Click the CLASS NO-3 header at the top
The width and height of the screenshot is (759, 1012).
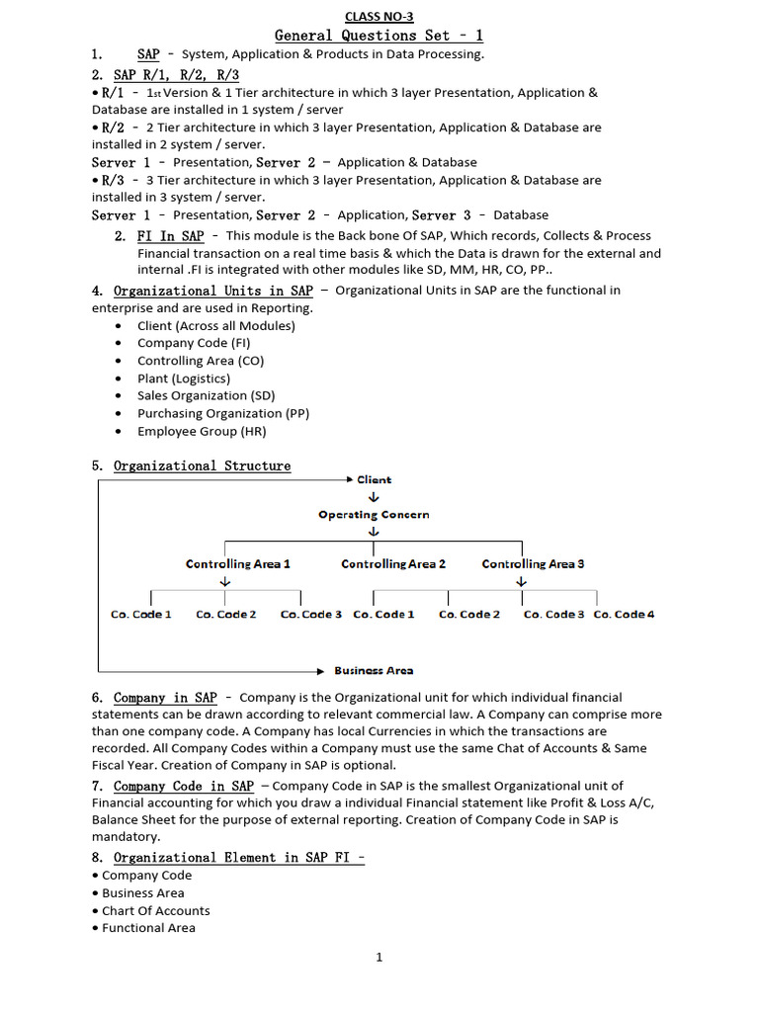tap(379, 17)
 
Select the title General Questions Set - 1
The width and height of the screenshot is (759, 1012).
tap(379, 36)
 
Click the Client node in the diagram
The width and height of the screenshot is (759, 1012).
tap(374, 479)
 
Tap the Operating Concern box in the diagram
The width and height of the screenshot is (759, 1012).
tap(374, 515)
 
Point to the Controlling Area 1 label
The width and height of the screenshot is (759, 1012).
tap(238, 564)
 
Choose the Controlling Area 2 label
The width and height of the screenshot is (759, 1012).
tap(393, 564)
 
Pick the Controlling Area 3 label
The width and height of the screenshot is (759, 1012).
tap(533, 564)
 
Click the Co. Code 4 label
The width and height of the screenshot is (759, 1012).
tap(624, 615)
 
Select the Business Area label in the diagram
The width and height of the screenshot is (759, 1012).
tap(374, 670)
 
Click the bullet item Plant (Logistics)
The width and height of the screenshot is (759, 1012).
tap(184, 379)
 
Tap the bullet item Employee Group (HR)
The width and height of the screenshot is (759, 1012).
tap(202, 432)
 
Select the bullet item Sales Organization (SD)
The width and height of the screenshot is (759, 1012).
tap(206, 396)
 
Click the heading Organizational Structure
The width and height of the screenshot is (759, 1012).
tap(202, 466)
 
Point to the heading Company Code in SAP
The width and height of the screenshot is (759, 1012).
tap(184, 787)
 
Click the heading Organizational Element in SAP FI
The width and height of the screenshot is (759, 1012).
tap(238, 858)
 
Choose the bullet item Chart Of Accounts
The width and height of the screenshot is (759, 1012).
tap(156, 911)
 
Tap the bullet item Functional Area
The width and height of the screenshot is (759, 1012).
tap(148, 928)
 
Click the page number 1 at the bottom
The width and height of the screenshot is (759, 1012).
tap(379, 957)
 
